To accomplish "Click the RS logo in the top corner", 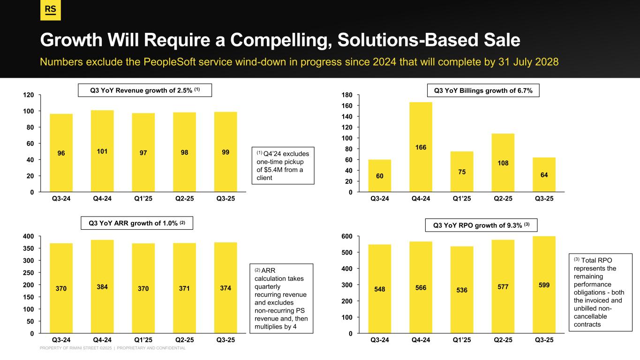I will [50, 10].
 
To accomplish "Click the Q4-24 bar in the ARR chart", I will [102, 286].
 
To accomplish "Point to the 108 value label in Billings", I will [503, 163].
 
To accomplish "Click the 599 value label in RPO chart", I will [544, 285].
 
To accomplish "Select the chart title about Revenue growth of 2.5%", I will [145, 90].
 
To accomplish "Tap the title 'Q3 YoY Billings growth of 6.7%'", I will [483, 90].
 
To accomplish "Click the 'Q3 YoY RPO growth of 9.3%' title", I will [481, 225].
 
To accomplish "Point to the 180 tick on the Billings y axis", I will [347, 95].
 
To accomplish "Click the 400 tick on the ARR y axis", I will [28, 236].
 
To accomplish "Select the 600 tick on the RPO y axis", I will [347, 236].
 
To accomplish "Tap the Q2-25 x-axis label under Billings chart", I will [503, 199].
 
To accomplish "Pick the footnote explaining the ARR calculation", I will [281, 298].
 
